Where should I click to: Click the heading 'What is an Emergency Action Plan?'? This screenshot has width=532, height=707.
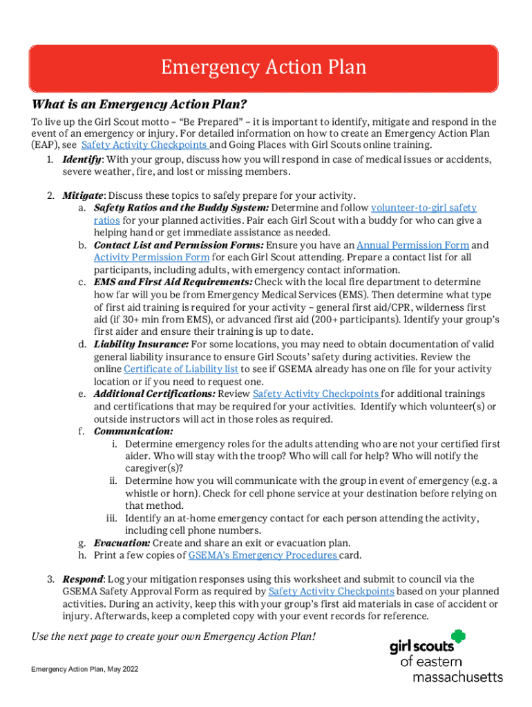tap(139, 105)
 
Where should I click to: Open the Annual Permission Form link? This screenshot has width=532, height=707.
tap(412, 245)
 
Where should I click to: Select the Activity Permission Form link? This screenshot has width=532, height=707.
tap(151, 258)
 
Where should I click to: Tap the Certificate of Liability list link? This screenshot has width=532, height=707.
tap(181, 369)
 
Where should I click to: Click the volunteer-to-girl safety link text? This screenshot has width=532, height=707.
tap(424, 208)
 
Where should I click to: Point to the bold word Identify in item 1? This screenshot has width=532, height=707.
tap(82, 159)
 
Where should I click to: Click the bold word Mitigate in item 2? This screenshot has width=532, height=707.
tap(83, 195)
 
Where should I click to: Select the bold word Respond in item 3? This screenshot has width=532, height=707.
tap(83, 579)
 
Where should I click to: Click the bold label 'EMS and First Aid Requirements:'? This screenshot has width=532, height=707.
tap(173, 282)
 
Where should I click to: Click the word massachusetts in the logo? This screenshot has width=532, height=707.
tap(457, 677)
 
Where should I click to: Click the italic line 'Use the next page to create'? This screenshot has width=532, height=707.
tap(173, 636)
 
